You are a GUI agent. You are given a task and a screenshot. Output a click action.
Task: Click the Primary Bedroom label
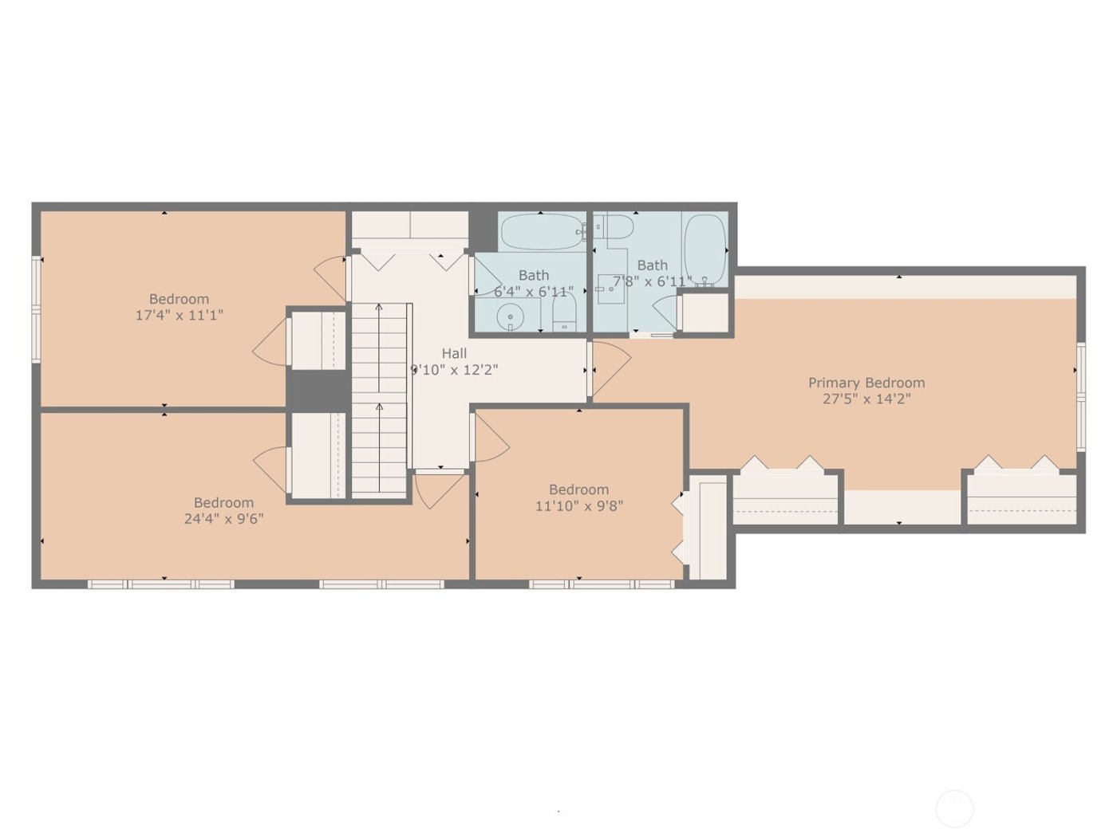pyautogui.click(x=866, y=383)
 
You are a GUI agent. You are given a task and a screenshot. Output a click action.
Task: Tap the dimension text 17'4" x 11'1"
pyautogui.click(x=179, y=315)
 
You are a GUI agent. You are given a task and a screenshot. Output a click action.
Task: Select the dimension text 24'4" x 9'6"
pyautogui.click(x=223, y=518)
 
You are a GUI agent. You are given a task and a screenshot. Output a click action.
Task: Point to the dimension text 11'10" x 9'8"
pyautogui.click(x=578, y=505)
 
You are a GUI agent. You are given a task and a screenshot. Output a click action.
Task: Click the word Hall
pyautogui.click(x=454, y=353)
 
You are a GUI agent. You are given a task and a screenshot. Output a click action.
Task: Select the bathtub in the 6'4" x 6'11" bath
pyautogui.click(x=541, y=231)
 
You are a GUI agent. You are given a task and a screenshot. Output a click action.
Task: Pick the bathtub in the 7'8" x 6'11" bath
pyautogui.click(x=705, y=248)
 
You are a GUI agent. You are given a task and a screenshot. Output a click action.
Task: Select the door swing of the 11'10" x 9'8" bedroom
pyautogui.click(x=491, y=440)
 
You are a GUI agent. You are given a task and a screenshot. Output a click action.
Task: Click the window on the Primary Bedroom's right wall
pyautogui.click(x=1081, y=396)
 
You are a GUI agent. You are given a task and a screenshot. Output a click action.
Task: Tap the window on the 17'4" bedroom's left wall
pyautogui.click(x=36, y=308)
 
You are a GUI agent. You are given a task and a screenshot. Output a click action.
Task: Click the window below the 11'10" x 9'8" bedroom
pyautogui.click(x=602, y=584)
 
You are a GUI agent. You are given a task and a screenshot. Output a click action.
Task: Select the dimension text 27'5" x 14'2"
pyautogui.click(x=866, y=399)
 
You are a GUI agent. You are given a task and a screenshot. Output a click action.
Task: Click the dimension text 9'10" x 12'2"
pyautogui.click(x=454, y=370)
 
